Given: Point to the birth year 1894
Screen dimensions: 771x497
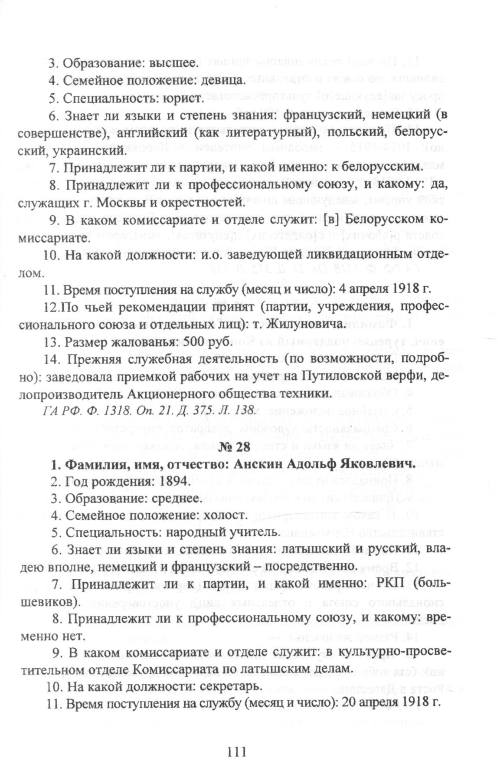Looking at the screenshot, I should tap(174, 481).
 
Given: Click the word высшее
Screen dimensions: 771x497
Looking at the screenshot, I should tap(173, 63).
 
